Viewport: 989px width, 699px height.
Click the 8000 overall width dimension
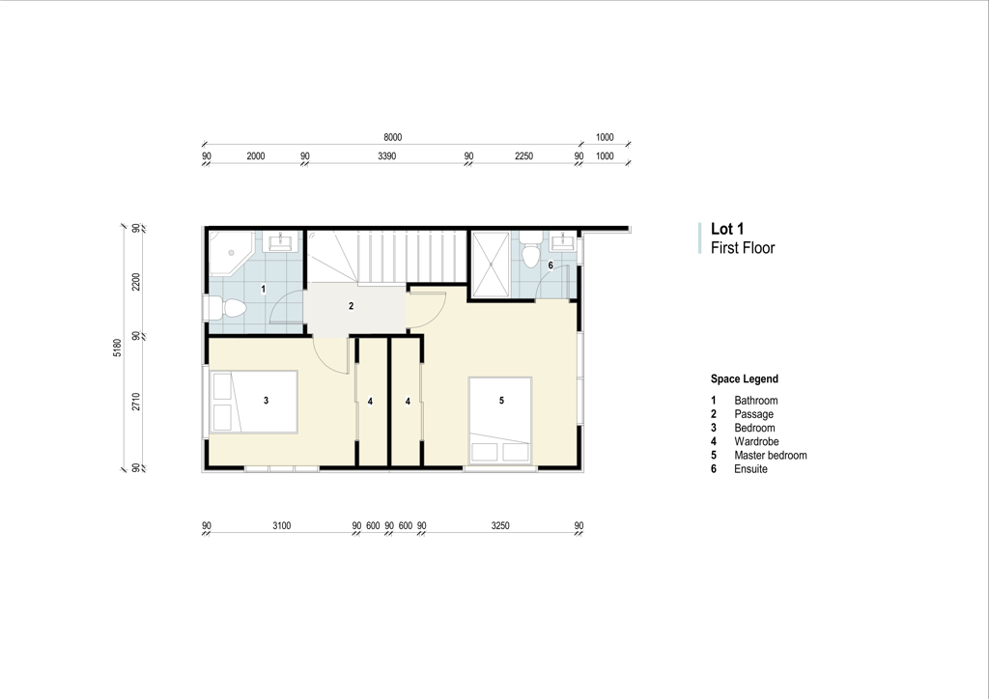point(392,137)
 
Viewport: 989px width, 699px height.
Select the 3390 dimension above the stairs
point(386,156)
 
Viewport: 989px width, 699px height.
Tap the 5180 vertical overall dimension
point(117,348)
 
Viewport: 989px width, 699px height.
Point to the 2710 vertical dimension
point(135,402)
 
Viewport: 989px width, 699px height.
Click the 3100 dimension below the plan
point(281,525)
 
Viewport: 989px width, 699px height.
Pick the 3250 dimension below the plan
point(500,525)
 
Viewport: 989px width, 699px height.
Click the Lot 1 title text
point(727,229)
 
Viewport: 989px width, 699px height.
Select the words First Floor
point(743,248)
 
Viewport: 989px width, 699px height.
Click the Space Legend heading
point(745,378)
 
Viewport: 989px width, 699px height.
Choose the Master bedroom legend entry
point(770,455)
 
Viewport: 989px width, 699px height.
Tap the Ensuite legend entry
point(750,469)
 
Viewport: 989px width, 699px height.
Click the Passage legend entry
point(753,414)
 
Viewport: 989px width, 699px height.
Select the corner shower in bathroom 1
point(231,253)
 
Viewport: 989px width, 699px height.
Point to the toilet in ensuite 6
point(531,249)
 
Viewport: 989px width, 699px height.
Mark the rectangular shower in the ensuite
point(490,264)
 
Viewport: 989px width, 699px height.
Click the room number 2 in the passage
point(352,306)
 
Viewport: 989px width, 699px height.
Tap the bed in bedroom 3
point(254,402)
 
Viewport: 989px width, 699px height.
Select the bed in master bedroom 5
point(500,421)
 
